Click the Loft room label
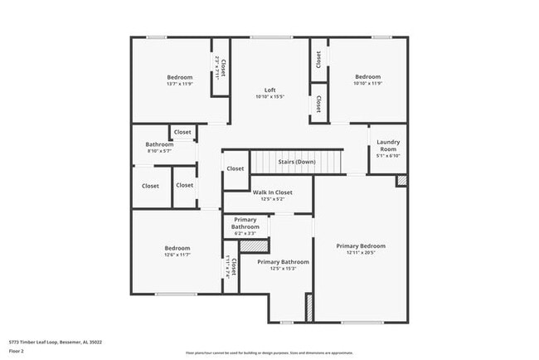[270, 90]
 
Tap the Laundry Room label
[388, 145]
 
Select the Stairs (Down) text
[296, 162]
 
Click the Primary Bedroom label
[361, 246]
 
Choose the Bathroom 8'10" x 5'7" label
[159, 144]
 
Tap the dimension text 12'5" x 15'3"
[282, 269]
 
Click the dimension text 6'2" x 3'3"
[245, 233]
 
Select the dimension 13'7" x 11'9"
[178, 84]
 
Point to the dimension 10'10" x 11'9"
[368, 84]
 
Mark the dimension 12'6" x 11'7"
[177, 255]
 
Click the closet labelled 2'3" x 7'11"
[220, 66]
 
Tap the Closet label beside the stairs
[236, 168]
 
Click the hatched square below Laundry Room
[402, 180]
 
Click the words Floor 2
[17, 351]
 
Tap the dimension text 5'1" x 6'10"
[388, 155]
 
